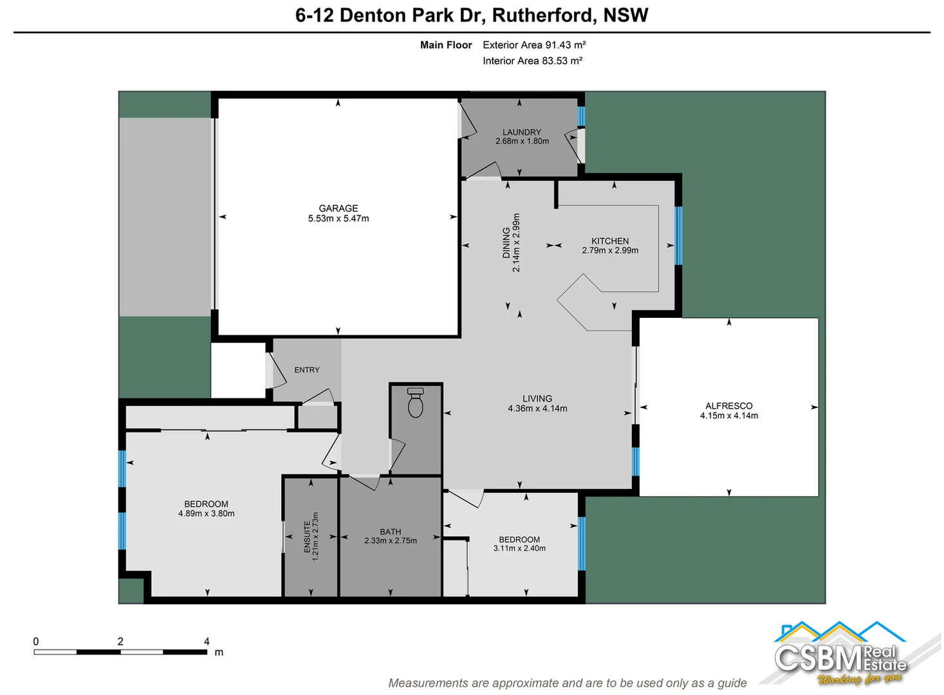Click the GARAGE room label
coord(338,208)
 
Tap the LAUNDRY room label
coord(521,132)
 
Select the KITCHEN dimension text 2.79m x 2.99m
coord(610,250)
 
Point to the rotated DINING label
coord(506,243)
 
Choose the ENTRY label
coord(306,370)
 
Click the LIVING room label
coord(537,398)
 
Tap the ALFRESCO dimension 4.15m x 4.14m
coord(728,416)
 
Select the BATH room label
coord(390,532)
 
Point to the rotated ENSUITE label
coord(307,537)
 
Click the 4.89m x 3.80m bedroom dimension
coord(206,514)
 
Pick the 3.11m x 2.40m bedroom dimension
coord(519,548)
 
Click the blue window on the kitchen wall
coord(678,236)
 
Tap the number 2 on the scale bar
coord(120,641)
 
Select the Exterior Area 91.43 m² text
coord(534,45)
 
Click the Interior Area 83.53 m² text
coord(532,61)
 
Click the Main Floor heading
coord(446,45)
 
